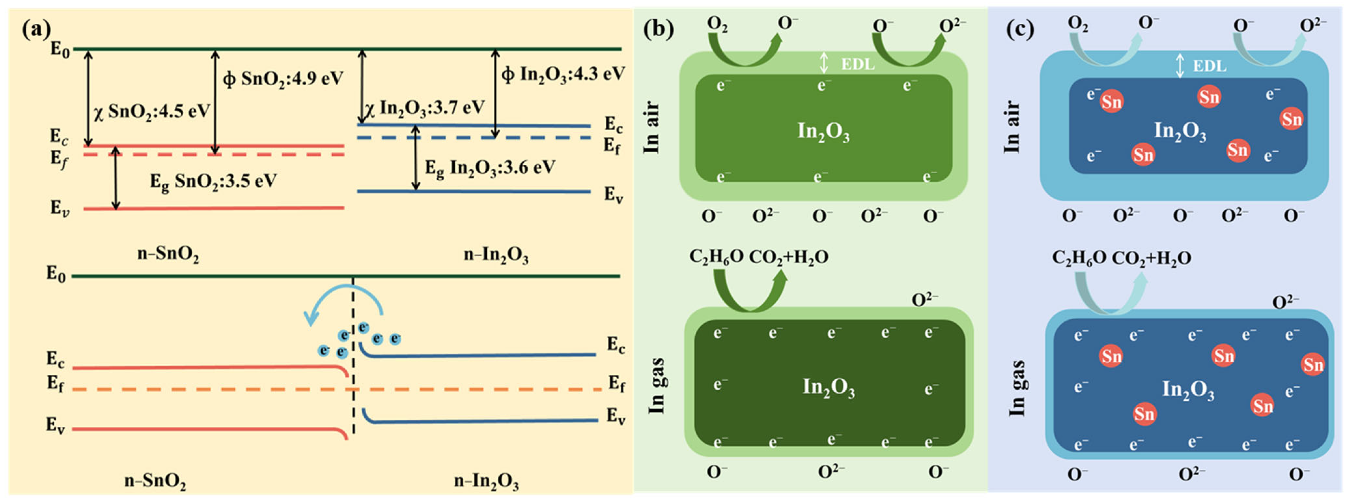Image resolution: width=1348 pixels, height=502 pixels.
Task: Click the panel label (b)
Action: [x=658, y=29]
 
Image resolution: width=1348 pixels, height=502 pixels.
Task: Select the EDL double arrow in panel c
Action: [x=1179, y=66]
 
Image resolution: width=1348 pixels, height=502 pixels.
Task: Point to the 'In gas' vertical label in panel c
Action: [x=1016, y=388]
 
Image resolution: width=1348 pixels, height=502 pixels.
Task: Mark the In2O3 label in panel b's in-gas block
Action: [x=828, y=387]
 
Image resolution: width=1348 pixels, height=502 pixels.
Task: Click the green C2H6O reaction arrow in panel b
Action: [x=748, y=293]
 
